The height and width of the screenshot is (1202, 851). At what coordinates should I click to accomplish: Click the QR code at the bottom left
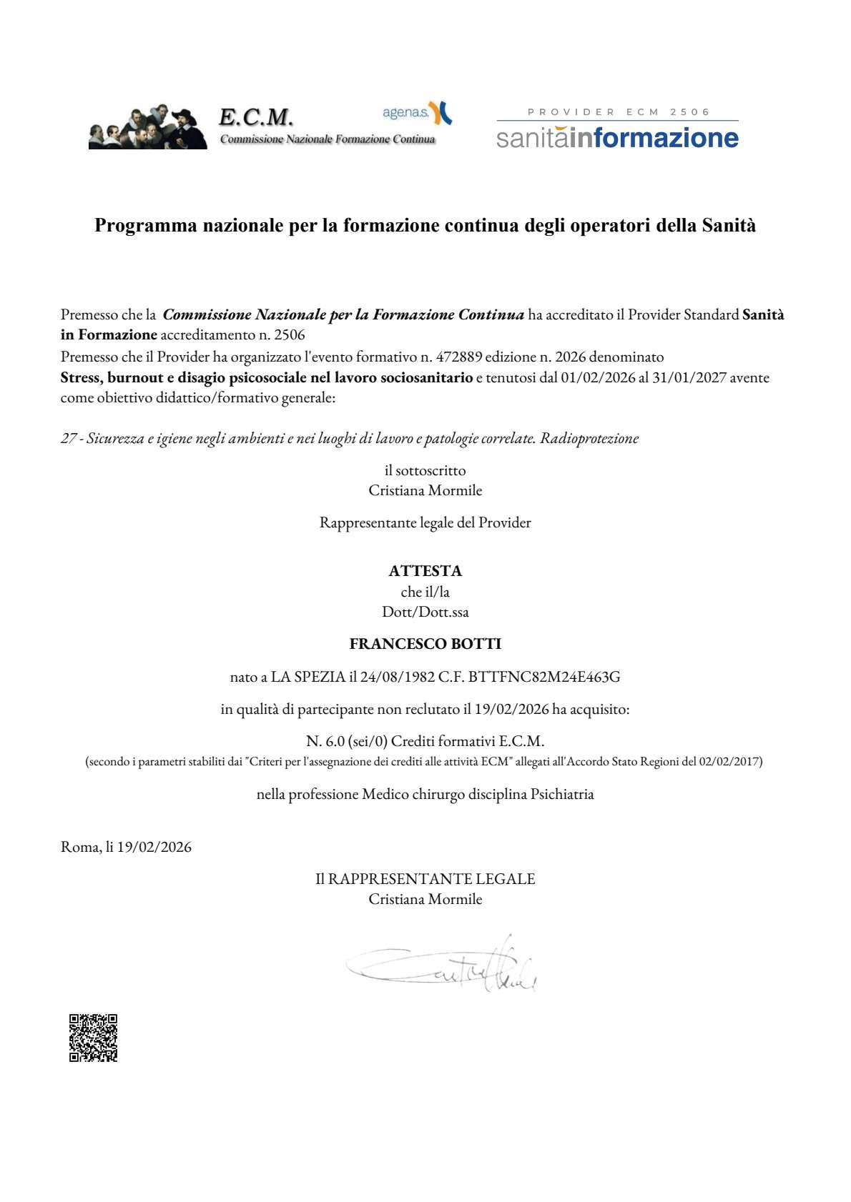click(93, 1038)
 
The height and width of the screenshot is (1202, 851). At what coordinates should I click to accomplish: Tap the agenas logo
click(417, 113)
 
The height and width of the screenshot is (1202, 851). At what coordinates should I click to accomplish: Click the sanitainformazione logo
click(617, 137)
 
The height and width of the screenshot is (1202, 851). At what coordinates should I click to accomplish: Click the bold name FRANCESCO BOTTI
click(425, 644)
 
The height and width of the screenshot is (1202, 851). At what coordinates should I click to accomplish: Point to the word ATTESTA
click(425, 571)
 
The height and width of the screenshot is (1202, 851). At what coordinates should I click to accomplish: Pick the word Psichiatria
click(562, 794)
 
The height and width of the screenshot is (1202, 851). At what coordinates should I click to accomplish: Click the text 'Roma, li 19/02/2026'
click(127, 848)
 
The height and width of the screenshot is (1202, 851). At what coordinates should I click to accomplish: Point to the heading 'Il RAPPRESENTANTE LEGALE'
click(425, 879)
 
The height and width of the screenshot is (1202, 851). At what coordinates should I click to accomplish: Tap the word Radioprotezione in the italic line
click(589, 438)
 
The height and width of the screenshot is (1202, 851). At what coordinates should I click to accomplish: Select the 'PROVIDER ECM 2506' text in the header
click(619, 111)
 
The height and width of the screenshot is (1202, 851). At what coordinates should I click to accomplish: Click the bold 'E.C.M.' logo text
click(256, 116)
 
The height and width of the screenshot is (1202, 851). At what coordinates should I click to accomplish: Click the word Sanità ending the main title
click(729, 226)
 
